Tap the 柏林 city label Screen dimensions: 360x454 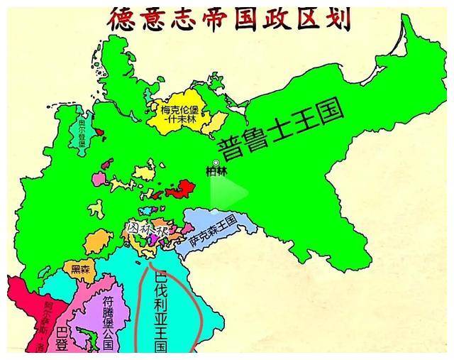[215, 171]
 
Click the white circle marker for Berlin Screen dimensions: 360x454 [216, 163]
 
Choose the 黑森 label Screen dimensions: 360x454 [82, 269]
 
